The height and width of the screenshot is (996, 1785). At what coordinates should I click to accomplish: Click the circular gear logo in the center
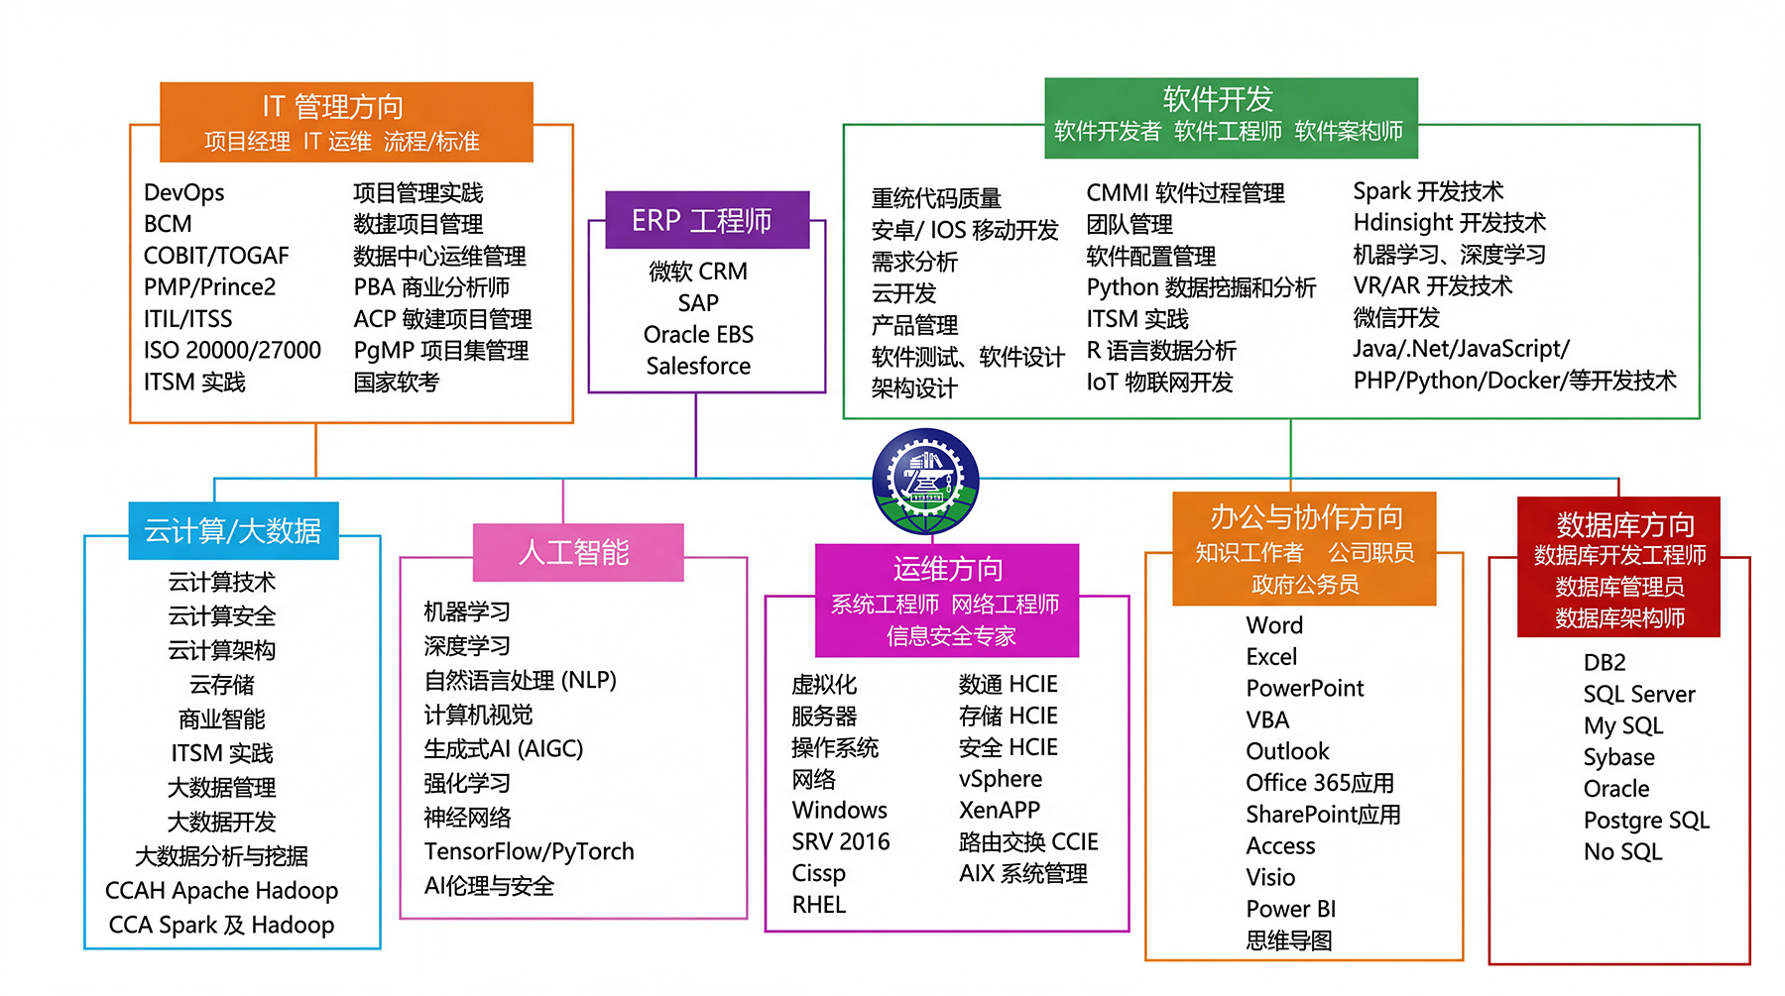[x=925, y=482]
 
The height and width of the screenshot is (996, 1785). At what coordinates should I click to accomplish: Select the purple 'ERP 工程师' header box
[x=701, y=220]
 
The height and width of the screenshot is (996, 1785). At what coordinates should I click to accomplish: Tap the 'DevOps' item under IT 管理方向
[x=184, y=192]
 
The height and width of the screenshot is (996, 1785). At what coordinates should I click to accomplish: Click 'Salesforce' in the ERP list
[x=698, y=366]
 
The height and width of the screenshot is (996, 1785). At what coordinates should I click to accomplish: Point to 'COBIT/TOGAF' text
[x=216, y=256]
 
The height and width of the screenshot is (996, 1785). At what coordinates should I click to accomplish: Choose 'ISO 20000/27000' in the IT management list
[x=232, y=350]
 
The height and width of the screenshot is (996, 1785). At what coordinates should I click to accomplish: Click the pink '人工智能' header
[x=574, y=552]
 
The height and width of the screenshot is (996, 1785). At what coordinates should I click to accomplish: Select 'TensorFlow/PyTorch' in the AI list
[x=529, y=851]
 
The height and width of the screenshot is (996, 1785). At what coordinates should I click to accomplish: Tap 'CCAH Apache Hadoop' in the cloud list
[x=221, y=890]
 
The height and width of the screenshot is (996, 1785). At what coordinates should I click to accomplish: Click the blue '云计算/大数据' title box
[x=233, y=531]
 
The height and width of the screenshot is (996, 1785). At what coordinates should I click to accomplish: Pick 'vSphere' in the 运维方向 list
[x=1000, y=779]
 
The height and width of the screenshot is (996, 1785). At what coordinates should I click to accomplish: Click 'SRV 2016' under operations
[x=840, y=841]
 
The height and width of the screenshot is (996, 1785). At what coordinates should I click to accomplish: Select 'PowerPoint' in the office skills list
[x=1304, y=688]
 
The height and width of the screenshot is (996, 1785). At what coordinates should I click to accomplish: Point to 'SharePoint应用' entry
[x=1323, y=815]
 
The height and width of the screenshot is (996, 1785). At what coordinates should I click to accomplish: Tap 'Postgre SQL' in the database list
[x=1646, y=821]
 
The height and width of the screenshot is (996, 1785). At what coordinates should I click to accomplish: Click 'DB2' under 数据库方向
[x=1604, y=662]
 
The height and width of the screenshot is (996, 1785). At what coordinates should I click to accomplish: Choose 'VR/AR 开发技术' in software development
[x=1432, y=286]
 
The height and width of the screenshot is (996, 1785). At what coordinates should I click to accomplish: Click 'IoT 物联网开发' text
[x=1159, y=383]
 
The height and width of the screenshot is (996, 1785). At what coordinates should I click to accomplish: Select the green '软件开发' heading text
[x=1218, y=99]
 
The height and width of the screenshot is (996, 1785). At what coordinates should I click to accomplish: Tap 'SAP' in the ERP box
[x=698, y=302]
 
